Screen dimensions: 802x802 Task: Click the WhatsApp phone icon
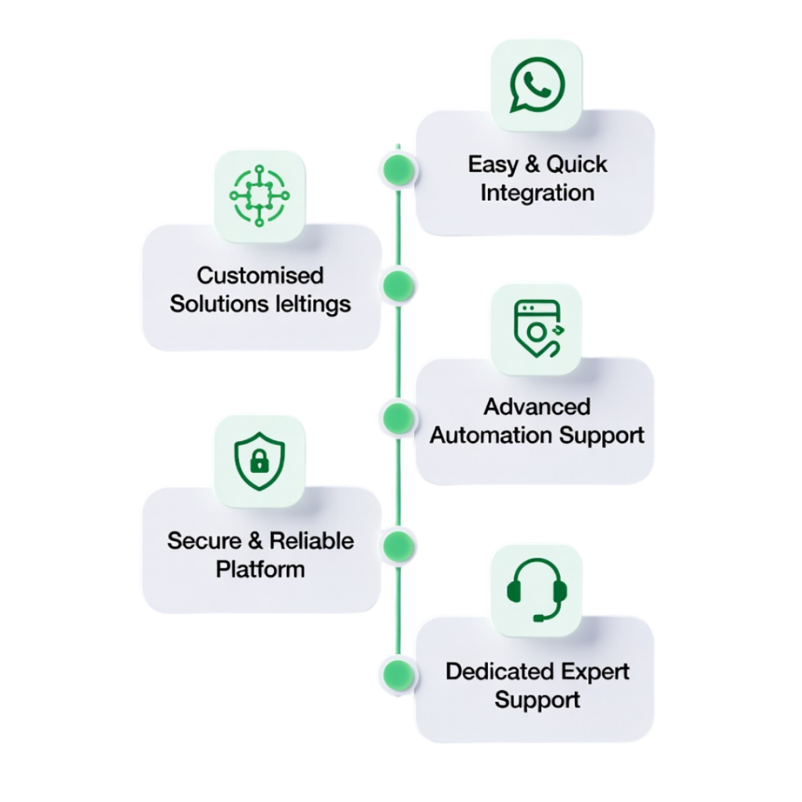[x=536, y=82]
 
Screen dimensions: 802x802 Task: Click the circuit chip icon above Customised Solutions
[x=258, y=195]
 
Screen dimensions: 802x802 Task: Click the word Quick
[x=577, y=164]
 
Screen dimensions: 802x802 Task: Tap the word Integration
[x=537, y=193]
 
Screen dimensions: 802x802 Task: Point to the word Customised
[x=260, y=276]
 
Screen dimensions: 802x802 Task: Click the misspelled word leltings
[x=316, y=304]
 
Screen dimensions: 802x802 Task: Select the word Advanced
[x=537, y=406]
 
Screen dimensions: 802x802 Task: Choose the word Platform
[x=260, y=569]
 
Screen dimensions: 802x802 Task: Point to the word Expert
[x=597, y=671]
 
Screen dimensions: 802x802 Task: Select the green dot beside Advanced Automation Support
[x=398, y=415]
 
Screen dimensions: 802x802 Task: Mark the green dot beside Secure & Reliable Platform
[x=398, y=544]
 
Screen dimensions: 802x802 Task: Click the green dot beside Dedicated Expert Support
[x=398, y=673]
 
